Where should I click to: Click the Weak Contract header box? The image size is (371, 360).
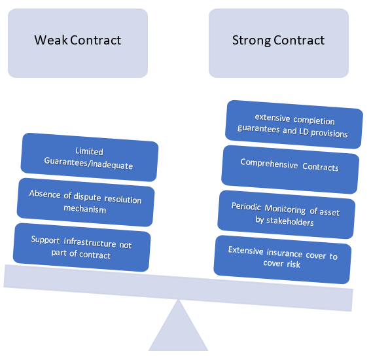78,43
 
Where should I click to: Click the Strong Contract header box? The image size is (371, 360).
279,43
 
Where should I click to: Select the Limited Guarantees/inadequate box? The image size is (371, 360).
90,157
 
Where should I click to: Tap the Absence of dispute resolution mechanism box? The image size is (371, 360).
86,202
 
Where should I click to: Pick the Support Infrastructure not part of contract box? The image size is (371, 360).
82,247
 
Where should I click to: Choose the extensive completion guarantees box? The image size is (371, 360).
294,124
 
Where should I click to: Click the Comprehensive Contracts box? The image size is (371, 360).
290,170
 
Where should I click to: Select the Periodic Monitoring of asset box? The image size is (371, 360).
287,215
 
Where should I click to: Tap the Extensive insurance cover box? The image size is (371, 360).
283,259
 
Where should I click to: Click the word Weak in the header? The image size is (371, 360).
51,40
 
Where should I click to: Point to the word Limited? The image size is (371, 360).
90,151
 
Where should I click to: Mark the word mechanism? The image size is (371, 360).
84,209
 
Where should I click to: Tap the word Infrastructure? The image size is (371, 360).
90,242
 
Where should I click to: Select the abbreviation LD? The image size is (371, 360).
304,132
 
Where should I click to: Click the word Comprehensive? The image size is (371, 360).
269,164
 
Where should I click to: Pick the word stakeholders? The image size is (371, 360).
290,221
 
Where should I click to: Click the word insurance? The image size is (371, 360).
285,253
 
